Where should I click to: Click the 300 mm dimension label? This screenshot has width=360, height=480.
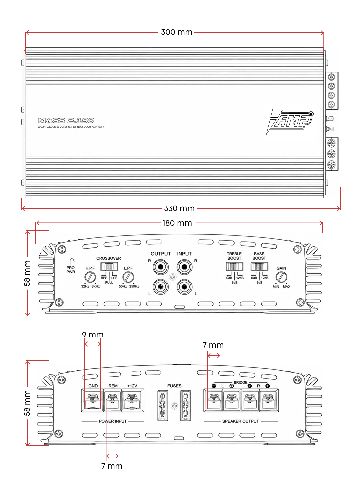tap(176, 32)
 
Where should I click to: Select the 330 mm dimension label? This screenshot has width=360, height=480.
tap(179, 208)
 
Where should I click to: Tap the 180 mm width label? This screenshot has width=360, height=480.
tap(177, 223)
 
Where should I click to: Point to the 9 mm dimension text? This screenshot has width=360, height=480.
tap(93, 335)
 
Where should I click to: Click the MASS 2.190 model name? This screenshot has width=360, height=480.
tap(66, 120)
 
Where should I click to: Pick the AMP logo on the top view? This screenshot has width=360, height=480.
tap(290, 121)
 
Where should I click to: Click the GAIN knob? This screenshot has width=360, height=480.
tap(281, 277)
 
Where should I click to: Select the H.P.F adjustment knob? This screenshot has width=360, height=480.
tap(90, 277)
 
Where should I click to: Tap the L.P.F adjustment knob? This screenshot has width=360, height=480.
tap(128, 277)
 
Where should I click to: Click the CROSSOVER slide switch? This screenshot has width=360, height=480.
tap(109, 267)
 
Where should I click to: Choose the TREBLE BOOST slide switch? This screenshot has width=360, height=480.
tap(234, 267)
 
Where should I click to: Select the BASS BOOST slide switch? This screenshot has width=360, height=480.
tap(259, 267)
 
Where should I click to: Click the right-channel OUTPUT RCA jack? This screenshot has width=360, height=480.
tap(161, 267)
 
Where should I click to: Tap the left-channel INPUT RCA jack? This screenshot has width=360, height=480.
tap(184, 287)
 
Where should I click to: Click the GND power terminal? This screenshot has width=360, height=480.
tap(92, 400)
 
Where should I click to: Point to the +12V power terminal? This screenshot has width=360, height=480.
tap(133, 400)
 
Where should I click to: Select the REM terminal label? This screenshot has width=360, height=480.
tap(113, 386)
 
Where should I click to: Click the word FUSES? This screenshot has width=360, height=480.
tap(174, 386)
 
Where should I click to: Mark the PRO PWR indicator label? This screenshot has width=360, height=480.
tap(71, 270)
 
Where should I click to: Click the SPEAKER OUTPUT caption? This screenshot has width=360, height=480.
tap(240, 421)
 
